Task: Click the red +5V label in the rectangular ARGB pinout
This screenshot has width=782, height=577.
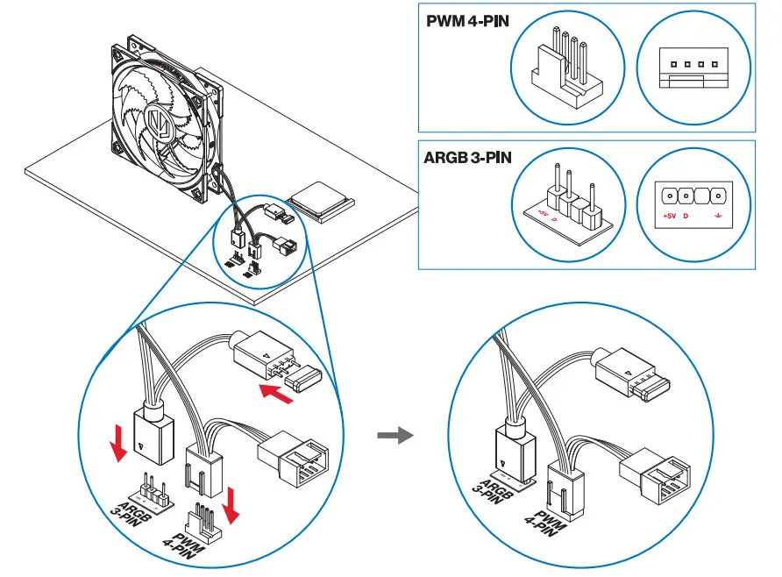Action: point(669,215)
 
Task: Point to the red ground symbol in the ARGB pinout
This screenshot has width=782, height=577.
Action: point(717,215)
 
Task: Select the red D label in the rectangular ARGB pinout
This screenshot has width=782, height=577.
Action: point(686,215)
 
